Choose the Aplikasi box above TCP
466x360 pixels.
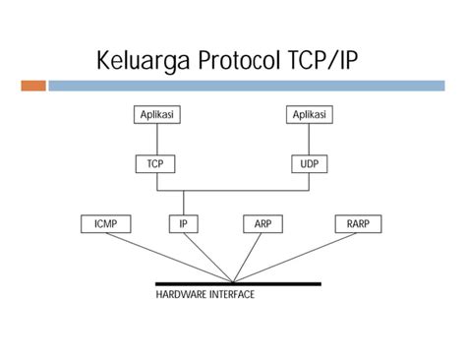pos(156,115)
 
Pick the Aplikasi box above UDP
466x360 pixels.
pos(310,115)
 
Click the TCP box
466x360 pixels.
pos(156,163)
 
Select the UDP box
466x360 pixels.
pos(310,163)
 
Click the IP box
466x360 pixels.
pos(183,224)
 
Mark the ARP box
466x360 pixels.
pos(262,224)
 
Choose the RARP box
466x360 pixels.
pos(358,224)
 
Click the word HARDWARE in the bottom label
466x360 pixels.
pos(181,294)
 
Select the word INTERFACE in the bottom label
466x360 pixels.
pos(230,294)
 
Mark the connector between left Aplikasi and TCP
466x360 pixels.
pos(156,139)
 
